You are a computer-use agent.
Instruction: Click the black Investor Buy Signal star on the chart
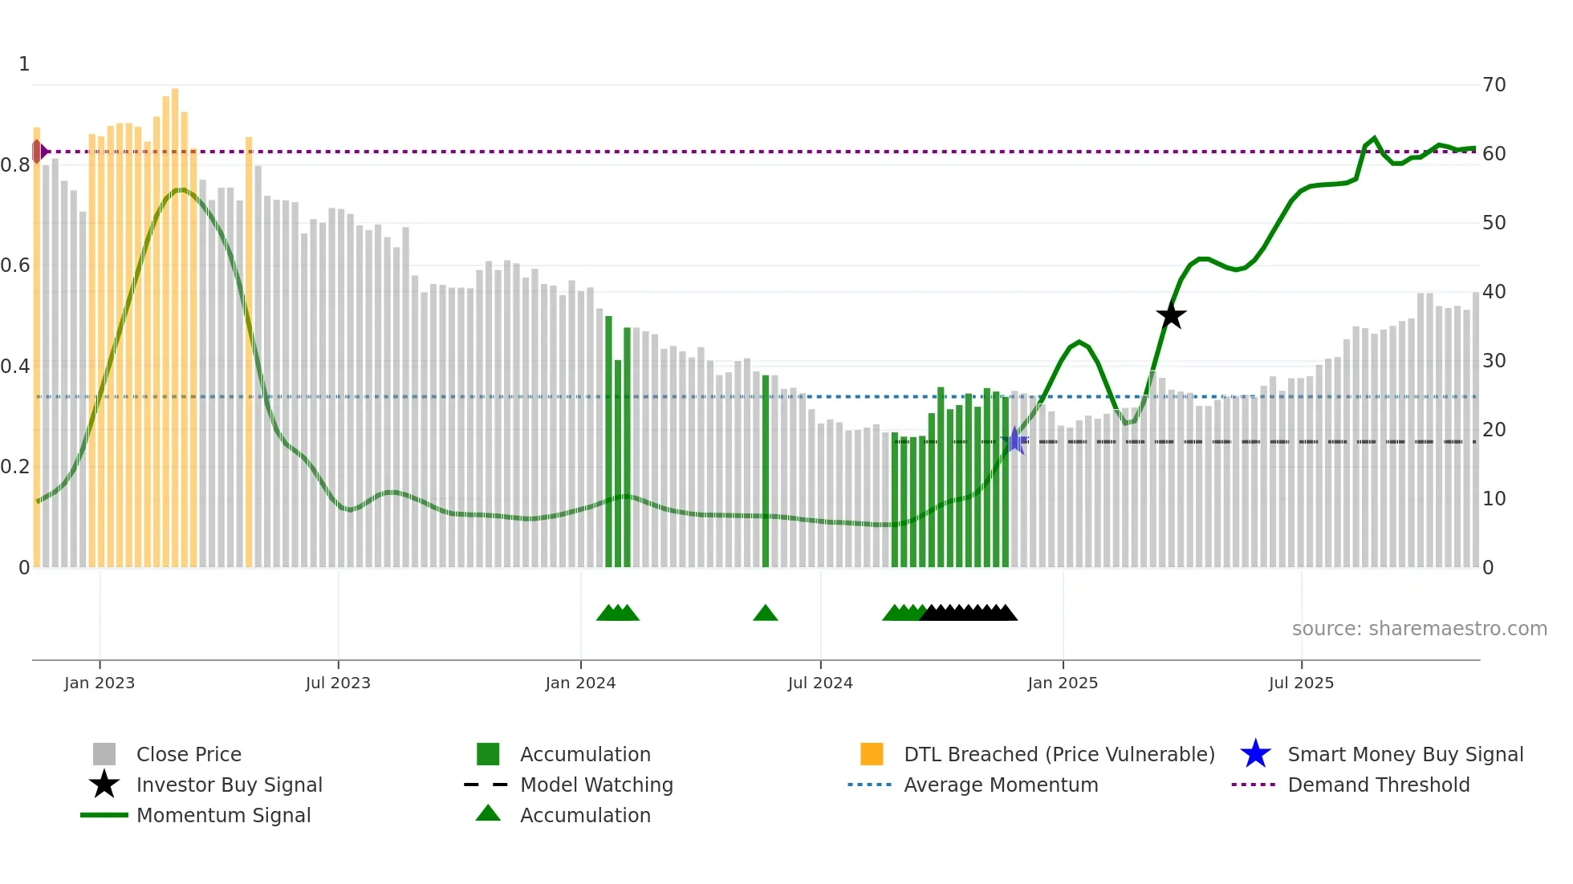pyautogui.click(x=1171, y=315)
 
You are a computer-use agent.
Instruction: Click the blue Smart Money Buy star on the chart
pyautogui.click(x=1015, y=440)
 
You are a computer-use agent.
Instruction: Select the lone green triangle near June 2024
pyautogui.click(x=765, y=614)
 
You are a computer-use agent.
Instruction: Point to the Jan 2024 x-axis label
pyautogui.click(x=580, y=683)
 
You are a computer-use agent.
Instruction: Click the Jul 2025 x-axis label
pyautogui.click(x=1301, y=683)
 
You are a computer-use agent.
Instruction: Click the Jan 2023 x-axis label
pyautogui.click(x=100, y=683)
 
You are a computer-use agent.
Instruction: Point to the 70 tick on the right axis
pyautogui.click(x=1494, y=85)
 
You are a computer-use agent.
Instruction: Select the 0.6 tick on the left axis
pyautogui.click(x=14, y=266)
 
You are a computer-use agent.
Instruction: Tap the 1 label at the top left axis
pyautogui.click(x=24, y=64)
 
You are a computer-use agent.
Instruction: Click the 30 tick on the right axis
pyautogui.click(x=1494, y=361)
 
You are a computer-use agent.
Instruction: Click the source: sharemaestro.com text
pyautogui.click(x=1419, y=629)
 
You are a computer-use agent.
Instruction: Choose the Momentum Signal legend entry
pyautogui.click(x=223, y=815)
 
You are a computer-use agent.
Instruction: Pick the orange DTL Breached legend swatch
pyautogui.click(x=872, y=754)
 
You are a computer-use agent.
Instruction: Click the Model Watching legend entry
pyautogui.click(x=596, y=785)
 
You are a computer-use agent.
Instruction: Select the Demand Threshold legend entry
pyautogui.click(x=1378, y=785)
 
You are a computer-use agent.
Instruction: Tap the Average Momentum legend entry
pyautogui.click(x=1000, y=785)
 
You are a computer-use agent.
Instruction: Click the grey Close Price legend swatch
pyautogui.click(x=104, y=754)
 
